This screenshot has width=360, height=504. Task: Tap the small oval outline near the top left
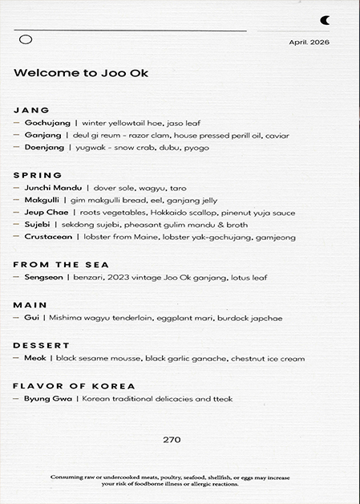point(25,39)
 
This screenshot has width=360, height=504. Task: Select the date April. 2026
point(309,42)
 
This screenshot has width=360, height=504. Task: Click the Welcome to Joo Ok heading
point(81,72)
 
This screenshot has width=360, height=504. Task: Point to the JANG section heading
point(32,110)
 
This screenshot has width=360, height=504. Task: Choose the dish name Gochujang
point(47,124)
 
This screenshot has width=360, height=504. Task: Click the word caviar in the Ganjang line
point(277,136)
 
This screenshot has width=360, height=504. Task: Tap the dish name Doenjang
point(46,148)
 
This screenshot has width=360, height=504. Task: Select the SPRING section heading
point(38,175)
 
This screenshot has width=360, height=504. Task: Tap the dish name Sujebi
point(38,225)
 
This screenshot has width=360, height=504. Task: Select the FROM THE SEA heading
point(61,264)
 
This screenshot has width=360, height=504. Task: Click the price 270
point(172,440)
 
